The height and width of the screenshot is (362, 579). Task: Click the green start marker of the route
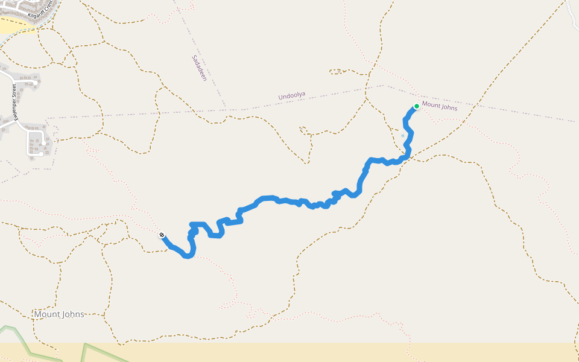(416, 106)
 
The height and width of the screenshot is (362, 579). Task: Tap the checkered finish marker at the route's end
(162, 235)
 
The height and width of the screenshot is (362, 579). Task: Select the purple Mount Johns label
(439, 106)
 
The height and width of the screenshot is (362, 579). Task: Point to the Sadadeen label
(199, 68)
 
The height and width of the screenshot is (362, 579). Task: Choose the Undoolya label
(292, 96)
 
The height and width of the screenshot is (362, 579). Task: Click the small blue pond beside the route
(403, 135)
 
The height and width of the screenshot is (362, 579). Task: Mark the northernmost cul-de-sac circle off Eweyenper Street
(37, 82)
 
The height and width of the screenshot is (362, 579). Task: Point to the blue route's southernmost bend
(189, 256)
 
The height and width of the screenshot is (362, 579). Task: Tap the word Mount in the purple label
(431, 104)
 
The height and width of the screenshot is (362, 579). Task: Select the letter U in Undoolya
(280, 98)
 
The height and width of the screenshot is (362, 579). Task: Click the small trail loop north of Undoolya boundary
(341, 72)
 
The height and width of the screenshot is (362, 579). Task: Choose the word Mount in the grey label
(47, 314)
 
